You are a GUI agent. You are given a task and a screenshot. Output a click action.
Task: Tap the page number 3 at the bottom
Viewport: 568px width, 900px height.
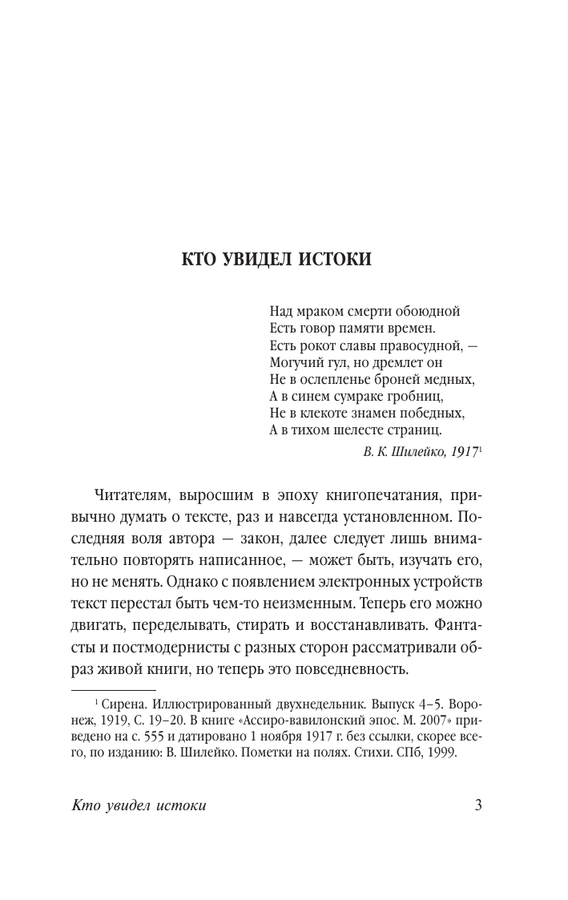click(x=477, y=805)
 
